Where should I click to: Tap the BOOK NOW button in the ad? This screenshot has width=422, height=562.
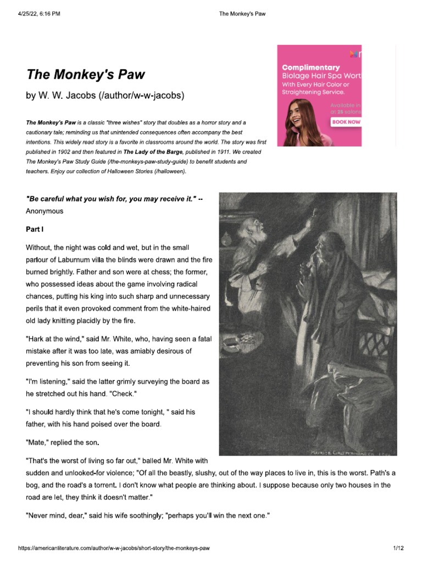click(x=346, y=122)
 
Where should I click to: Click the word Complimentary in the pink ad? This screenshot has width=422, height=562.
click(x=310, y=67)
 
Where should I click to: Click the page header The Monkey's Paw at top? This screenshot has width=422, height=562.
click(x=242, y=14)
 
